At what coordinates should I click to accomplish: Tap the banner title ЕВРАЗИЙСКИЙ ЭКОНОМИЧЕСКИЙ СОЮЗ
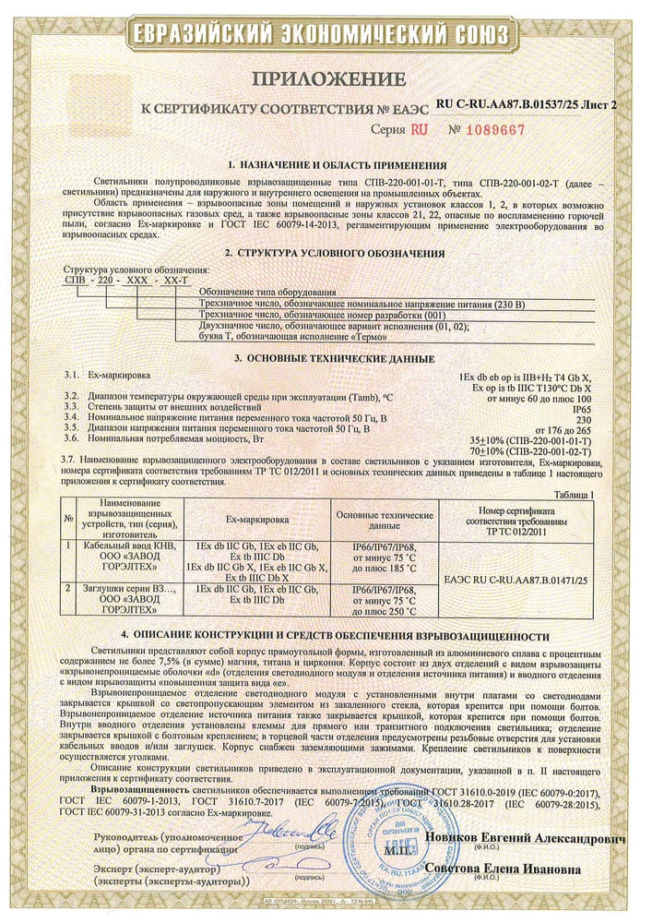(325, 34)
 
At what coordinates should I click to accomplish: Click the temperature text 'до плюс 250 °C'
(385, 610)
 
